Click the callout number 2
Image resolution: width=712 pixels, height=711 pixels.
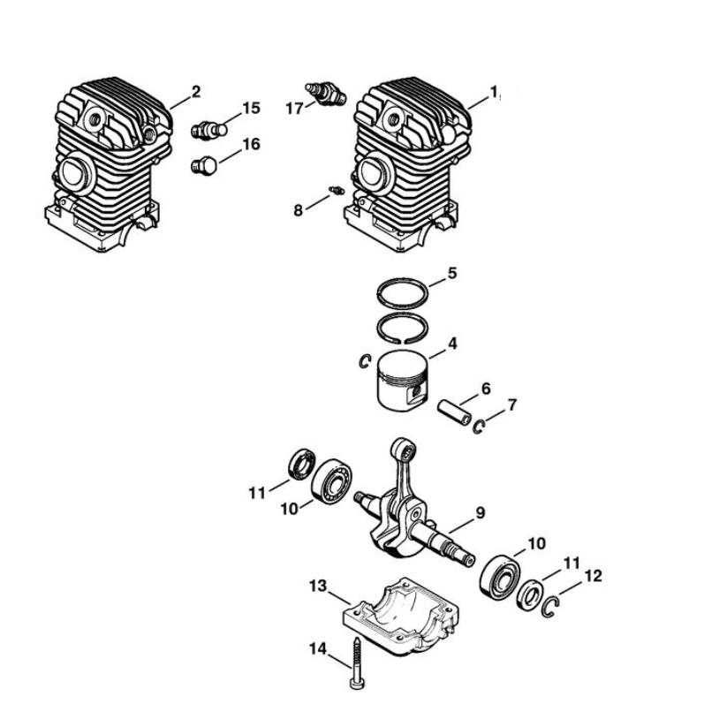coord(196,92)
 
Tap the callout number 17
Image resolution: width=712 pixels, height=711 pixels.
coord(294,109)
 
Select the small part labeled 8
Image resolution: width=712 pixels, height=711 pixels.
coord(337,190)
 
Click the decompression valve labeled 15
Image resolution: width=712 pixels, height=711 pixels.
coord(208,131)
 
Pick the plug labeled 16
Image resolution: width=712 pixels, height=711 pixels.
coord(203,166)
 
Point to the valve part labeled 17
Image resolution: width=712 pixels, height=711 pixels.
coord(326,94)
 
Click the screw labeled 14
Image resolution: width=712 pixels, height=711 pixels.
coord(357,662)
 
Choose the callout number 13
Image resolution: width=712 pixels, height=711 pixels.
coord(318,586)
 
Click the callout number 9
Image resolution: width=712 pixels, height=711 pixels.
coord(480,512)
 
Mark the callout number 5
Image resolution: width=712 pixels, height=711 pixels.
coord(451,273)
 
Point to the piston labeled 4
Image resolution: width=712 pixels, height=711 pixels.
coord(403,382)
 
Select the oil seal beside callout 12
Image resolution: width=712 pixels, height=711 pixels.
coord(529,595)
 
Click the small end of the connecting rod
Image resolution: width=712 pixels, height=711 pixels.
coord(404,450)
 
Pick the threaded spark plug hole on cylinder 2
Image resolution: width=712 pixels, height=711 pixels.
coord(95,120)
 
